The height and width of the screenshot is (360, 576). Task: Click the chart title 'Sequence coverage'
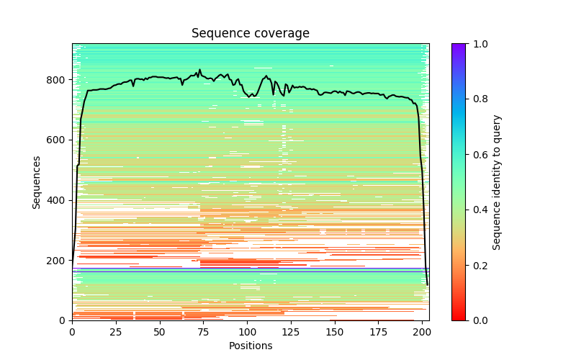(x=251, y=34)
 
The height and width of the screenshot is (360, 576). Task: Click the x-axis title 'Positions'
(x=251, y=346)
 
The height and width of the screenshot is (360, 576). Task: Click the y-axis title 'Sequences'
(x=37, y=182)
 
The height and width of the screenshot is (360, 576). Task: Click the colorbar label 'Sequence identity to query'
(x=497, y=182)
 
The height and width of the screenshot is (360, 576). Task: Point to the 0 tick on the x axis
(x=72, y=332)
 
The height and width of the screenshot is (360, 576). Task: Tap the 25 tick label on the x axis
(x=116, y=332)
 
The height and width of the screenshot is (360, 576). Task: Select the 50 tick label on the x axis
(x=160, y=332)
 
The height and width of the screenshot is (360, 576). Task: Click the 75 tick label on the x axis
(x=204, y=332)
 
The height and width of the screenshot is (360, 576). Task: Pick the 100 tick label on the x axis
(x=248, y=332)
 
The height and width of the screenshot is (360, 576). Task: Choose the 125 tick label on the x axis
(x=292, y=332)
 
